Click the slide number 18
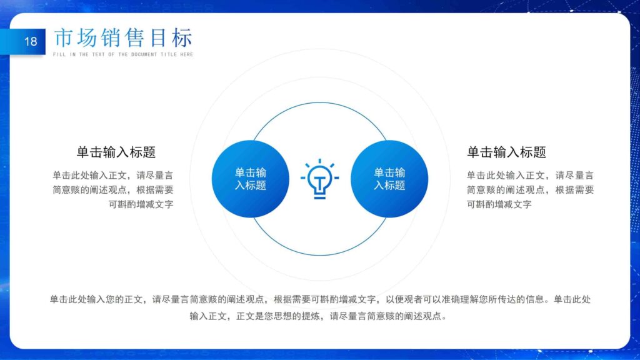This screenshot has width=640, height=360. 31,42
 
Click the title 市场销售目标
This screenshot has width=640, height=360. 123,37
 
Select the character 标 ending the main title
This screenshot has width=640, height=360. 182,37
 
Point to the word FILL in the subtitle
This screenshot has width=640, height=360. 58,54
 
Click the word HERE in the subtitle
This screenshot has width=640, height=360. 187,54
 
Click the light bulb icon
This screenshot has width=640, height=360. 320,179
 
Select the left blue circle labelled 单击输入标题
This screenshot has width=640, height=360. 250,179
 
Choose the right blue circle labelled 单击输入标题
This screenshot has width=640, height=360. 389,179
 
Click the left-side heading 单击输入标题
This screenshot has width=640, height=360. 116,152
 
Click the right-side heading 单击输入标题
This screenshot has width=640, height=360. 506,152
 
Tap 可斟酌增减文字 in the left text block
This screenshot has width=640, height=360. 141,204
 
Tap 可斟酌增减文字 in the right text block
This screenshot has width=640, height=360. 499,204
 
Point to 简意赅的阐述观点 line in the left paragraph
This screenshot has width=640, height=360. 112,190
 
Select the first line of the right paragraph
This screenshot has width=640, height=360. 530,176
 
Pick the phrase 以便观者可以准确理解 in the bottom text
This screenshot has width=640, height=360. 437,299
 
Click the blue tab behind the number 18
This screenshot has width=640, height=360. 12,42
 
